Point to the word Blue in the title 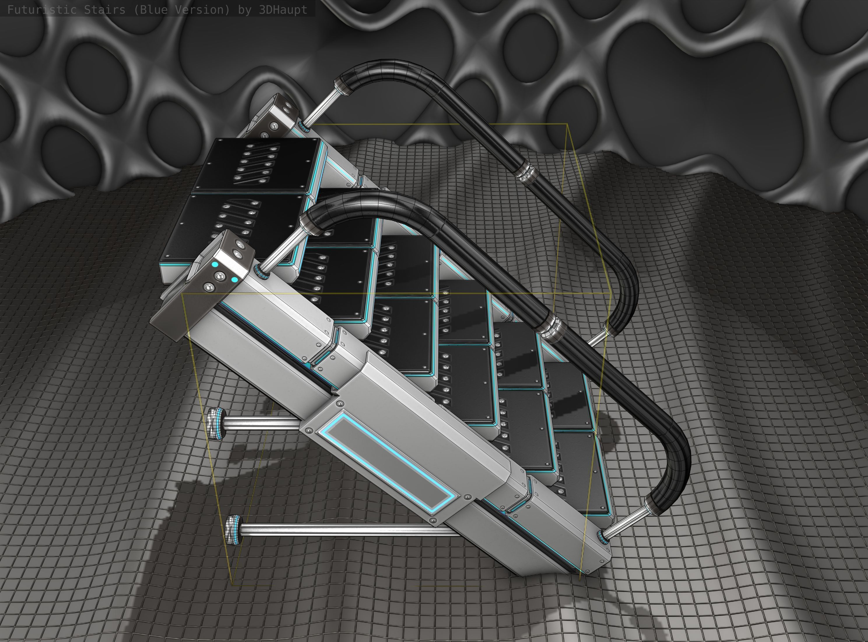point(152,10)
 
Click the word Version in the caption point(198,10)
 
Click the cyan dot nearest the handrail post point(235,280)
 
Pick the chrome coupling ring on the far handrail point(525,172)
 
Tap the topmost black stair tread point(257,165)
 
